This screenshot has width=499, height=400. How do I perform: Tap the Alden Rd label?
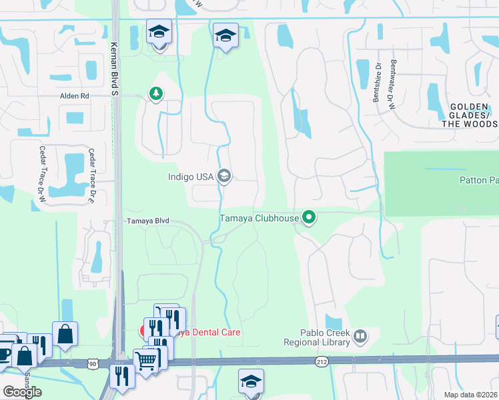pos(74,96)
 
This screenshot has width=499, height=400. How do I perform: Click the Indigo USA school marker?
pos(225,176)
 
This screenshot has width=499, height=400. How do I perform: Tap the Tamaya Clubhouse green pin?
pos(308,217)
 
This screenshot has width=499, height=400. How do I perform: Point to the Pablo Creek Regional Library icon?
pos(361,335)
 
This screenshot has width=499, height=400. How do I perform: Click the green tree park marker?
pos(157,93)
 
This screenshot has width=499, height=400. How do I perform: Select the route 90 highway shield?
pos(92,363)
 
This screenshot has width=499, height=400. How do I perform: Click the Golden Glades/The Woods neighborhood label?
pos(473,115)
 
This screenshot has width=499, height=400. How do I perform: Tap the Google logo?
pos(22,392)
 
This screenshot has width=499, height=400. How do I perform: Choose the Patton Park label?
pos(478,180)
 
